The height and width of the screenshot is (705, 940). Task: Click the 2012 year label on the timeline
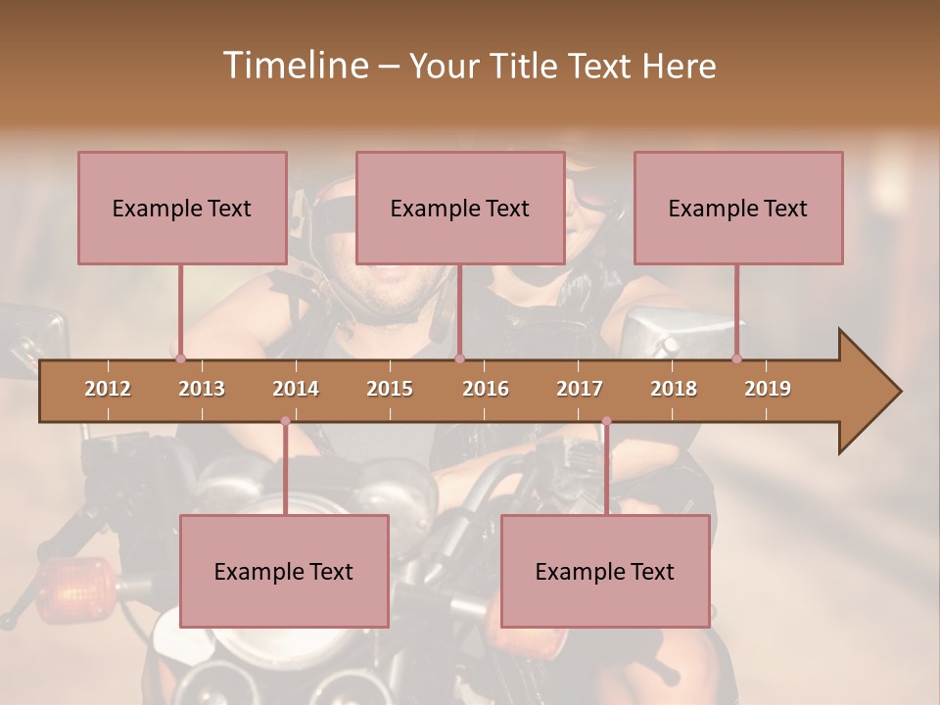point(108,389)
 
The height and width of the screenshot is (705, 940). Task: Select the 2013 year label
point(202,389)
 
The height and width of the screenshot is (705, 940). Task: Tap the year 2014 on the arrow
point(296,389)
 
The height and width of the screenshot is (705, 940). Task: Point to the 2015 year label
point(390,389)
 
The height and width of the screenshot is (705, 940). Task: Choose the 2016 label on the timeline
point(486,389)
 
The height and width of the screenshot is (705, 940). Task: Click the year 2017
point(580,389)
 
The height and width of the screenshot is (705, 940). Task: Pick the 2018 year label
point(674,389)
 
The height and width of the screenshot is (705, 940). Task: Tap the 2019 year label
point(768,389)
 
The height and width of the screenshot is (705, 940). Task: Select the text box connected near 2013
point(182,208)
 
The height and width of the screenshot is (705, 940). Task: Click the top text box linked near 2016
point(460,208)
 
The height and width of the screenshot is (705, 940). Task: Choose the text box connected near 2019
point(738,208)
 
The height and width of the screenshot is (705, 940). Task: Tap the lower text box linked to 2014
point(284,571)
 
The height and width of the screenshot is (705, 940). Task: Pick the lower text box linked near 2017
point(605,571)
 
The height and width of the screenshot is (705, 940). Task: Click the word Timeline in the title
point(294,66)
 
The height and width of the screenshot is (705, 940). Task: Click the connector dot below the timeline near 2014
point(285,422)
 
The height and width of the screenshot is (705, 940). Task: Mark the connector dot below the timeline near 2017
point(606,422)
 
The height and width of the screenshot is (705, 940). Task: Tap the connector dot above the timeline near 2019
point(737,358)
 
